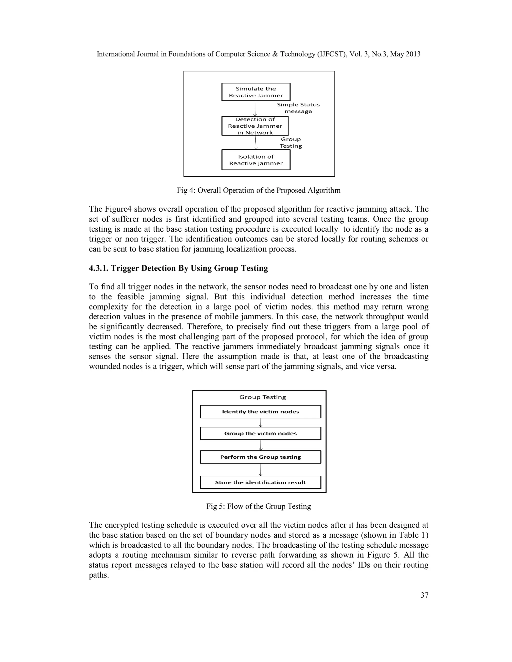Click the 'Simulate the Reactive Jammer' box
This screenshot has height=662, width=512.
click(256, 92)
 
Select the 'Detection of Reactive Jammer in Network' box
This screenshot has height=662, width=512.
click(255, 126)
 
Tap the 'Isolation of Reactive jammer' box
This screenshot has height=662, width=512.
click(256, 160)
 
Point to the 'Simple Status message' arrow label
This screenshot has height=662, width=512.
click(298, 108)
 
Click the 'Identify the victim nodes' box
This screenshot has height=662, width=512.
click(260, 412)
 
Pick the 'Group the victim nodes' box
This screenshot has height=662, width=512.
click(260, 433)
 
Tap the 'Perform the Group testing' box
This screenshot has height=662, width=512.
click(260, 457)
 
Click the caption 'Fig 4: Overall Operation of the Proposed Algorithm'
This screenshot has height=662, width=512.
click(259, 190)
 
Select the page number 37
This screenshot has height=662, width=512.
click(424, 595)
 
